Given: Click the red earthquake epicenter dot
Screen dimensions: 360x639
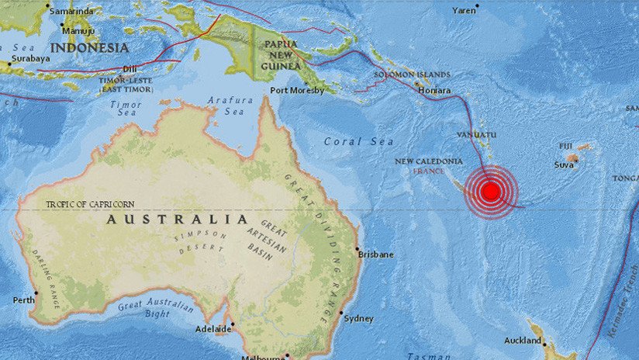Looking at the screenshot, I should click(490, 191).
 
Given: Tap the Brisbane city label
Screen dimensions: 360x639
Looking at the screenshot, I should click(376, 254).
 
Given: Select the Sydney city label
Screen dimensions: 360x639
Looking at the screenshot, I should click(358, 318).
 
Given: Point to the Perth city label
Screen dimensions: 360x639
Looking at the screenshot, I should click(24, 299).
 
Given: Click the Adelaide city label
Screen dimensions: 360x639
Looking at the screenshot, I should click(212, 329).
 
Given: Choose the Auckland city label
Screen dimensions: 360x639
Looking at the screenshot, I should click(522, 341).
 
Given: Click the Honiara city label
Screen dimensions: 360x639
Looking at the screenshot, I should click(433, 91).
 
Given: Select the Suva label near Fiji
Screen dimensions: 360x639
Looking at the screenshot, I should click(564, 164).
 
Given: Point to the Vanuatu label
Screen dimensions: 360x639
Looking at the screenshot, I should click(471, 134).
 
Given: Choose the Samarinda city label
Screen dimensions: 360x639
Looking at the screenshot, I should click(71, 12).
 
